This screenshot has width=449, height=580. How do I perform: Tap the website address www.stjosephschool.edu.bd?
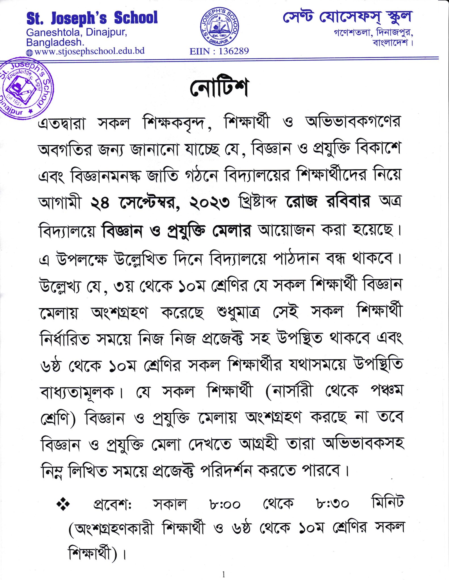tap(89, 51)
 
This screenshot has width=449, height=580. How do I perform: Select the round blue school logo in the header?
tap(219, 26)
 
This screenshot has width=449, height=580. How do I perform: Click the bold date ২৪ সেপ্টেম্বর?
tap(135, 202)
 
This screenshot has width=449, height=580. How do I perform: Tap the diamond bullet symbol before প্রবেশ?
tap(63, 504)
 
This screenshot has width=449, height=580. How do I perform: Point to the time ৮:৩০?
tap(332, 504)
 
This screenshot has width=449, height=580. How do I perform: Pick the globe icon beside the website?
tap(29, 53)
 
